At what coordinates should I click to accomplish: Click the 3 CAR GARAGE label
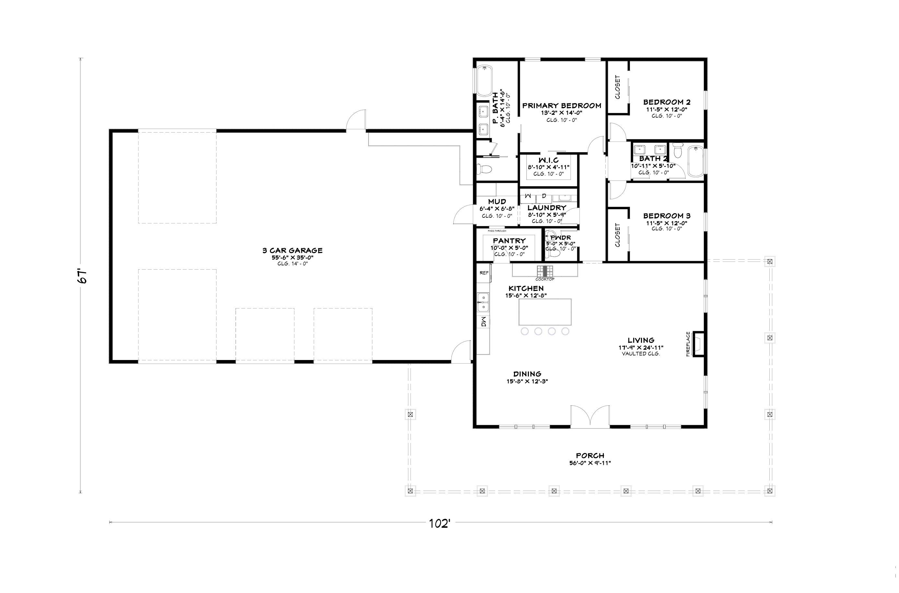click(292, 250)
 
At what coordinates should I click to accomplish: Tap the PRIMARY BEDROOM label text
click(562, 106)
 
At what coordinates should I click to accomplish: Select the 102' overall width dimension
click(439, 524)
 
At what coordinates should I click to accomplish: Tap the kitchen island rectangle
click(545, 312)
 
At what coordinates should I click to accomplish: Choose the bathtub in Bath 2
click(695, 161)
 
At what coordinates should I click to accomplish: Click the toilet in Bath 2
click(677, 151)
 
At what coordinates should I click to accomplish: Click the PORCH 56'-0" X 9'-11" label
click(590, 459)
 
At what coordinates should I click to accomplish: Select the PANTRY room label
click(509, 241)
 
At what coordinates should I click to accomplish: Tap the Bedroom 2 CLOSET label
click(618, 87)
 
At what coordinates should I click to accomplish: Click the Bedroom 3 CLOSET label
click(618, 235)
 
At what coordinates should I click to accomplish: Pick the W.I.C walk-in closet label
click(548, 160)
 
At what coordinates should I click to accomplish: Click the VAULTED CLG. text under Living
click(641, 354)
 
